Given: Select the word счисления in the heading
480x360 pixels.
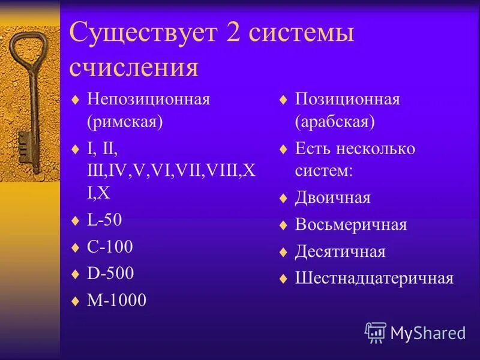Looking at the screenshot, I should pyautogui.click(x=134, y=67).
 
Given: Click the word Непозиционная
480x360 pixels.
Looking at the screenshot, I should pyautogui.click(x=148, y=99).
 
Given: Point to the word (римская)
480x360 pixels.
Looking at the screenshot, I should pyautogui.click(x=125, y=122).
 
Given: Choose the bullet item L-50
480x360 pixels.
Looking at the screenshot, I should pyautogui.click(x=104, y=220).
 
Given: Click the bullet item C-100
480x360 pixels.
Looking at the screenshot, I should pyautogui.click(x=110, y=247).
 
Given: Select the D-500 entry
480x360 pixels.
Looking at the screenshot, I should pyautogui.click(x=110, y=274).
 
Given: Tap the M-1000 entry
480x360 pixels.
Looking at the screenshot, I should pyautogui.click(x=116, y=300).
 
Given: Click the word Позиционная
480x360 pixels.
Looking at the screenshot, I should pyautogui.click(x=347, y=99).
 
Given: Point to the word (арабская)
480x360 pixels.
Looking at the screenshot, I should pyautogui.click(x=335, y=122).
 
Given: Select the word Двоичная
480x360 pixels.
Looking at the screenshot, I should pyautogui.click(x=332, y=198).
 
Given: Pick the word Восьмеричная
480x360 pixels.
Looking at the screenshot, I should pyautogui.click(x=350, y=225).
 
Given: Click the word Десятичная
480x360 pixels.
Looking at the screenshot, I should pyautogui.click(x=340, y=251).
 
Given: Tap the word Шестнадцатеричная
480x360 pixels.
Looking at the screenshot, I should pyautogui.click(x=374, y=278).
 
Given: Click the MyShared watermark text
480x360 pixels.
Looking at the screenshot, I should pyautogui.click(x=427, y=332).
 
